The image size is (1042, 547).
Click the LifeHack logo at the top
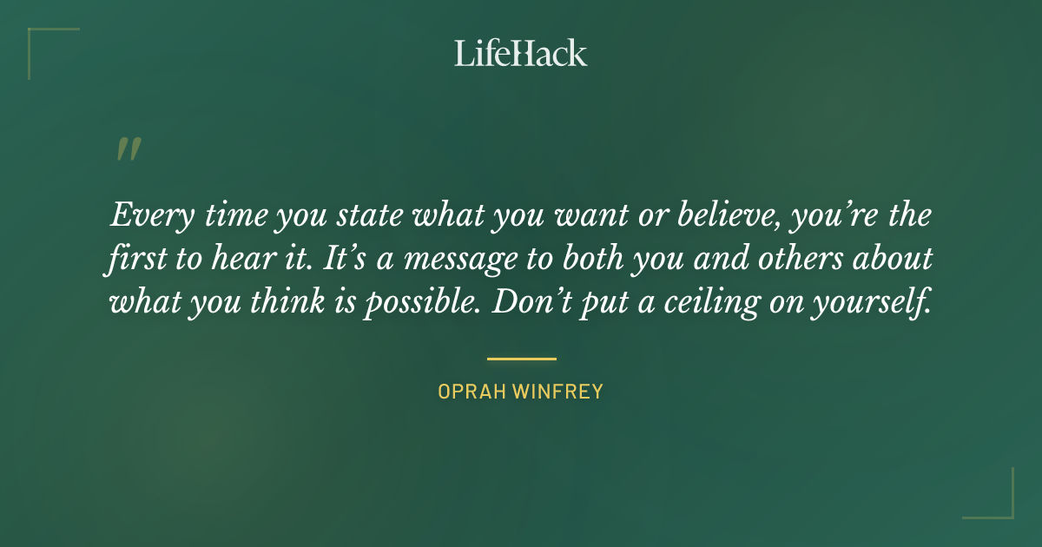521,53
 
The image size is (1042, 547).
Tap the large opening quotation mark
128,150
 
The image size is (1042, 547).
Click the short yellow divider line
521,358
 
